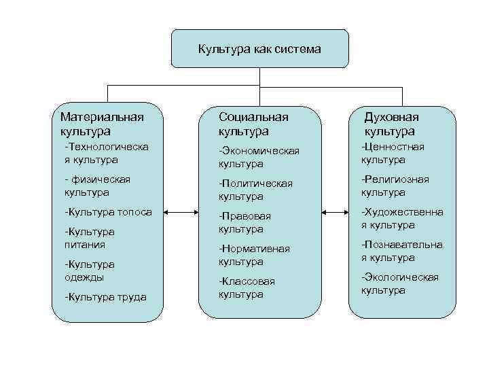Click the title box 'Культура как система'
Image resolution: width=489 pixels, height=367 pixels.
(x=259, y=49)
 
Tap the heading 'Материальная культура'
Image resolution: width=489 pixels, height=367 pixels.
(x=102, y=123)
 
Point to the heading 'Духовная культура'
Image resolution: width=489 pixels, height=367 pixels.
(x=391, y=123)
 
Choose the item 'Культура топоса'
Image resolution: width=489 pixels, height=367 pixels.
(x=107, y=212)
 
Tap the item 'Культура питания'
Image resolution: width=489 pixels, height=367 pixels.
(x=89, y=237)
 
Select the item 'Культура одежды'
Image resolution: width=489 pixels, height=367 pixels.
(x=89, y=270)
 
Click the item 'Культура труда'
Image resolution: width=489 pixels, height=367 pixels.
(x=105, y=296)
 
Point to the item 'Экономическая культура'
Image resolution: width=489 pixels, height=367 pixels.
(x=259, y=157)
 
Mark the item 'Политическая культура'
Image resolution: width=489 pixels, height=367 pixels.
(x=255, y=190)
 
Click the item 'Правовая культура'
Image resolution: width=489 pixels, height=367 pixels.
(x=244, y=222)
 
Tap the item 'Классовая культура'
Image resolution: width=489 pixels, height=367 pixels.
(x=247, y=287)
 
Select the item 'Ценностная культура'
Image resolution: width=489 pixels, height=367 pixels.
(x=393, y=153)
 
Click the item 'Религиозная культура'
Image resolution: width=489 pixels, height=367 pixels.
(x=395, y=186)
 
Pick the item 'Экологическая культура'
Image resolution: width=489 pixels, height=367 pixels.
(x=399, y=283)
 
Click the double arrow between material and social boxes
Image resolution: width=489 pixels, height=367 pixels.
(x=181, y=213)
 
